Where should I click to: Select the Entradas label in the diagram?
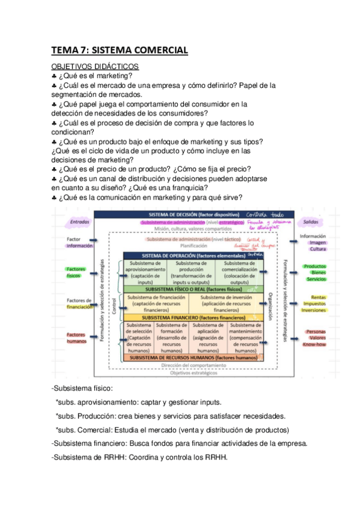click(79, 221)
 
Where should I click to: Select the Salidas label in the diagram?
click(311, 221)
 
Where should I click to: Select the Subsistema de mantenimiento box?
click(245, 337)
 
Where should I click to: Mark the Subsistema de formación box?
click(171, 337)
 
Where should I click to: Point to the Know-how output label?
click(315, 345)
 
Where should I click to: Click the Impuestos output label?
click(315, 304)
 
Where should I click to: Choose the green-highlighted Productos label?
click(315, 266)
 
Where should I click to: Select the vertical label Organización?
click(271, 304)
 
